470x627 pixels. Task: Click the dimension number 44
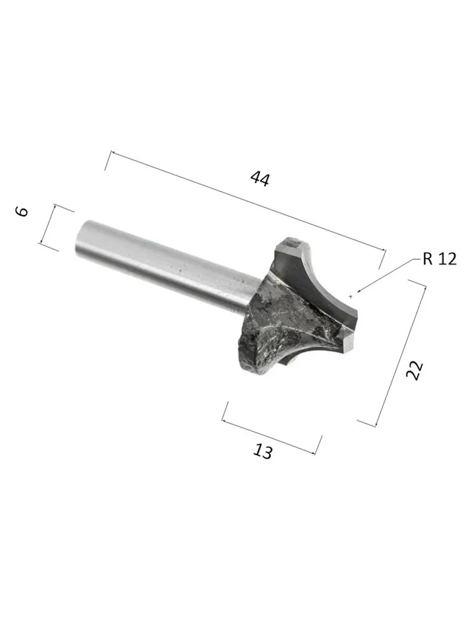[260, 179]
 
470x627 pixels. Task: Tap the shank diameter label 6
[22, 212]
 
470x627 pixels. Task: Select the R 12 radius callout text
[440, 259]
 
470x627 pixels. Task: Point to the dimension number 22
[415, 370]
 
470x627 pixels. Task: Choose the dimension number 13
[262, 451]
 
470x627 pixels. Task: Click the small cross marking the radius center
[351, 297]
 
